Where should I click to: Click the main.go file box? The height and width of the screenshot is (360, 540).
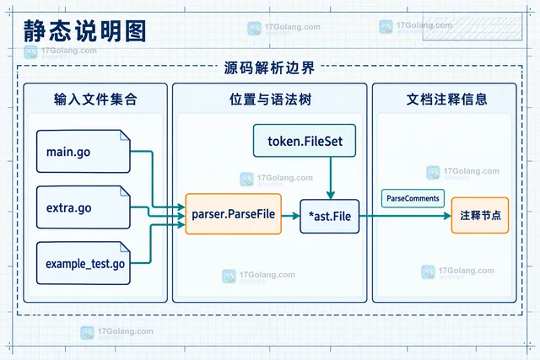84,152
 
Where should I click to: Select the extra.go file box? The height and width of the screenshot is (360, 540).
84,207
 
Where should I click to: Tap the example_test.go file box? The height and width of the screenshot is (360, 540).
84,263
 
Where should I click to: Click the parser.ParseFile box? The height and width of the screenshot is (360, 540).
233,214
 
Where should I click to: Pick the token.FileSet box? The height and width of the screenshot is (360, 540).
305,141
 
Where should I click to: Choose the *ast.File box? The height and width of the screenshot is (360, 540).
330,216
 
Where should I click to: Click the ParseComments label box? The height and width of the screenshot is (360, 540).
413,198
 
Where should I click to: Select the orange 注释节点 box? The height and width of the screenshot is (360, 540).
480,216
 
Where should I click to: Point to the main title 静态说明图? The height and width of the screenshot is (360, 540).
84,31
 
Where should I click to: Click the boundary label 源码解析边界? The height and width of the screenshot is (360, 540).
269,67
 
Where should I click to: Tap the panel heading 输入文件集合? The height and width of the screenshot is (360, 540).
95,99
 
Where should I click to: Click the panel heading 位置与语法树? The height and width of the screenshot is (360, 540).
270,99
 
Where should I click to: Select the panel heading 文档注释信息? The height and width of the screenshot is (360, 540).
446,99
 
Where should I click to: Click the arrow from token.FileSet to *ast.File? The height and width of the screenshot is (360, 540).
331,178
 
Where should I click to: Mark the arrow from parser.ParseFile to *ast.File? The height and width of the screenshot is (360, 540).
290,216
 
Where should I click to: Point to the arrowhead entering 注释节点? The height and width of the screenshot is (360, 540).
447,216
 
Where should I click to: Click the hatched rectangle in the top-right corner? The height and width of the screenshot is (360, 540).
472,27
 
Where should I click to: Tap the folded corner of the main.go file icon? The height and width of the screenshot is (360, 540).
125,136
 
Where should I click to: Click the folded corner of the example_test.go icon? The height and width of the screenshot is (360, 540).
125,248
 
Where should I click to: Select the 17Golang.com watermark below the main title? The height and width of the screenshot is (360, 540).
60,51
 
